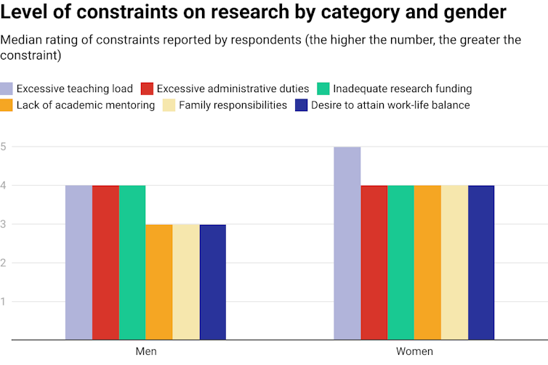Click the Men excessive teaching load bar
(78, 262)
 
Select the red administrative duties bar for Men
(105, 262)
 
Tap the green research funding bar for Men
(132, 262)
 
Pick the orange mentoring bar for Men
(159, 282)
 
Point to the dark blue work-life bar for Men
(213, 282)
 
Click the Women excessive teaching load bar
(347, 243)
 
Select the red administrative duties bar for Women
(374, 262)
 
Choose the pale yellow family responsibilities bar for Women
(454, 262)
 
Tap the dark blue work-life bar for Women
(481, 262)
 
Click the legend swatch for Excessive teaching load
(7, 89)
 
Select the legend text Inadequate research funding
(402, 89)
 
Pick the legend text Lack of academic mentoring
(86, 105)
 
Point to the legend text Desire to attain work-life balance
(390, 105)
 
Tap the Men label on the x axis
(146, 351)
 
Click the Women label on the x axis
(414, 351)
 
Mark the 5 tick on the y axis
(4, 147)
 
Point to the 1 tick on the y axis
(4, 301)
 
